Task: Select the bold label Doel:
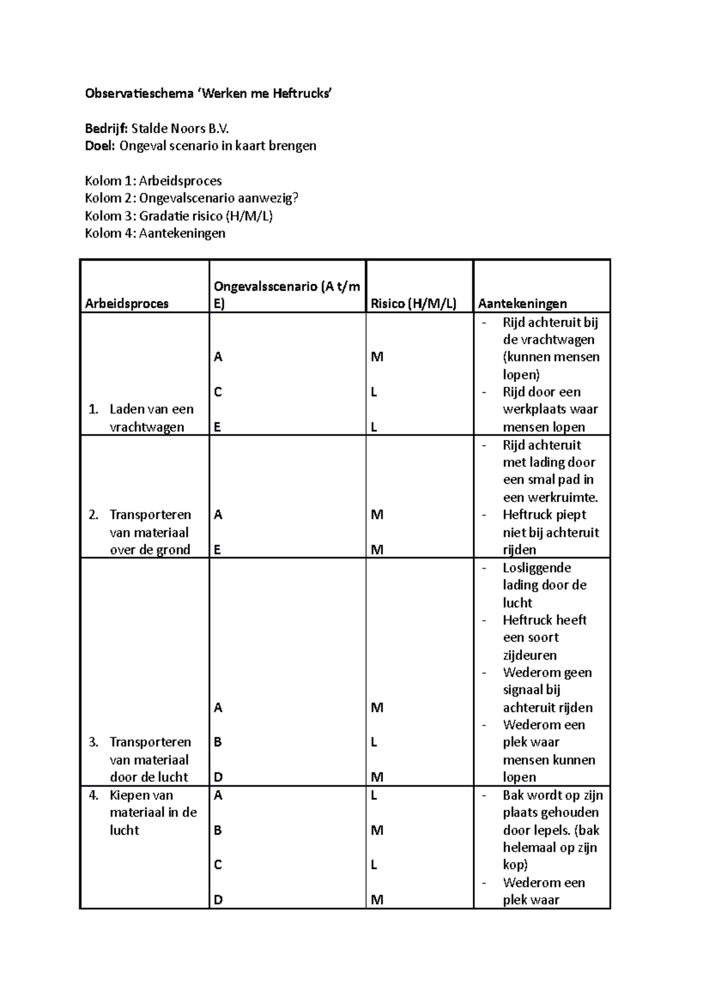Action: (x=100, y=146)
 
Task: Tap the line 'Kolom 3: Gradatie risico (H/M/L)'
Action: (x=178, y=216)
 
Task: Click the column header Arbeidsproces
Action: (x=126, y=304)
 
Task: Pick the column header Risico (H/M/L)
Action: (x=413, y=304)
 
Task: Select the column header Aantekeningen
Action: (x=522, y=304)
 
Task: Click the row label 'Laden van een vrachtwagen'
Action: (x=151, y=418)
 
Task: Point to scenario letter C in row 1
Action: (x=218, y=392)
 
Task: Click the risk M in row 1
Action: (x=376, y=357)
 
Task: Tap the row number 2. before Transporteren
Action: (x=93, y=514)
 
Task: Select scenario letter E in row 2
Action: (x=217, y=550)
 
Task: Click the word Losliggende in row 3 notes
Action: (x=536, y=568)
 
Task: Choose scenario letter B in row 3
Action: (x=217, y=743)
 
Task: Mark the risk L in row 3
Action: (x=373, y=743)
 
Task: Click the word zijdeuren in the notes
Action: (x=529, y=655)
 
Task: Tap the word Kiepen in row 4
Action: (x=128, y=795)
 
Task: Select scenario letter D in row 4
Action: (x=218, y=900)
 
